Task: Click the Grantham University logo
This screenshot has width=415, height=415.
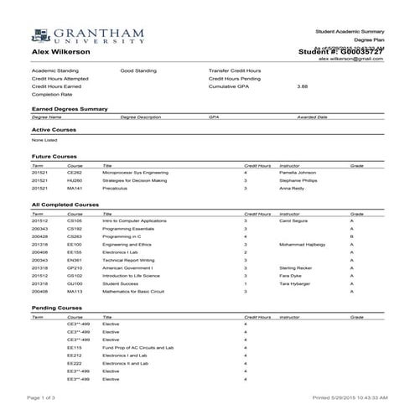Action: pos(79,35)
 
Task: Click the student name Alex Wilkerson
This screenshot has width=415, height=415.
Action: pos(61,53)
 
